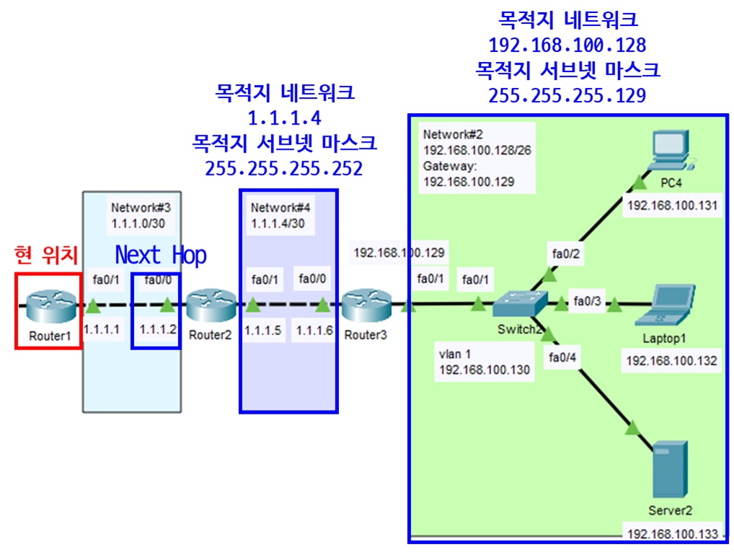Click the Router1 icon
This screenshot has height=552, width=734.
click(x=48, y=306)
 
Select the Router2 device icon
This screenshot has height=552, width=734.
click(x=211, y=306)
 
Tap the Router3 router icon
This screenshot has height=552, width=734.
click(x=365, y=306)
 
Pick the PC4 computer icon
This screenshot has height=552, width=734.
click(x=668, y=151)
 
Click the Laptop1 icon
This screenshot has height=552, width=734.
click(x=668, y=305)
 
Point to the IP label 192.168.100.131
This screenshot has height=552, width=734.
click(x=672, y=206)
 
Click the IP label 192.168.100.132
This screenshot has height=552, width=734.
click(x=672, y=360)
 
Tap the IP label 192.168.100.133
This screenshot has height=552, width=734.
click(x=672, y=534)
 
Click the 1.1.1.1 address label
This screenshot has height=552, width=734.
click(x=101, y=329)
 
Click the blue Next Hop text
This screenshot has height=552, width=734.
click(x=161, y=255)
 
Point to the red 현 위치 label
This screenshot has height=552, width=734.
click(x=46, y=254)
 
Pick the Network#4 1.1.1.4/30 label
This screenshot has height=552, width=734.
click(x=280, y=215)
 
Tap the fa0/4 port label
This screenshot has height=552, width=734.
click(x=562, y=356)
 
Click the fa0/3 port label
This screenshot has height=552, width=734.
click(x=586, y=301)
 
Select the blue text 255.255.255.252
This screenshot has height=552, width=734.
click(x=284, y=169)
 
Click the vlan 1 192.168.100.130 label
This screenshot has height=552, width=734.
click(x=484, y=362)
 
